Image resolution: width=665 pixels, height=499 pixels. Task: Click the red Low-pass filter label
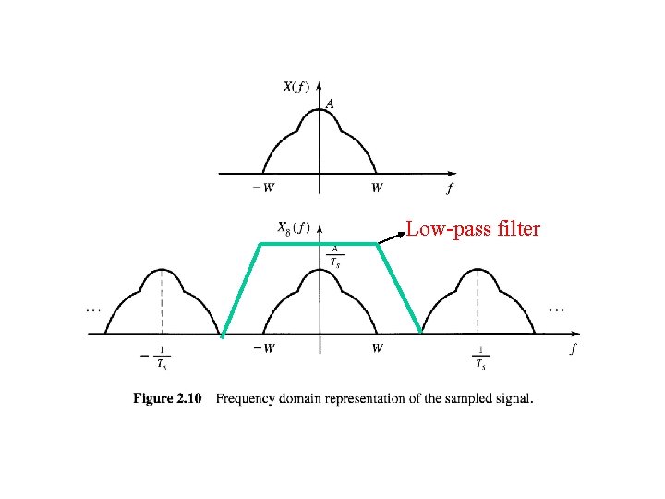click(x=473, y=227)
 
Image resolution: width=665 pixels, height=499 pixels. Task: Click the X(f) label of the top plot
click(x=296, y=88)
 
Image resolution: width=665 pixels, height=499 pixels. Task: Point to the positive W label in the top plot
click(x=377, y=189)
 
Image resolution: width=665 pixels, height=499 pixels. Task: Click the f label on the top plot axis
click(x=449, y=189)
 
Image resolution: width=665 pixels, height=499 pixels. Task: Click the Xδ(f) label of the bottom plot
click(x=294, y=226)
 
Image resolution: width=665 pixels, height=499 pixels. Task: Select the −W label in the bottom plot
click(x=262, y=348)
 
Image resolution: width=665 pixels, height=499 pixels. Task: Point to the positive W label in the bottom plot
click(x=378, y=348)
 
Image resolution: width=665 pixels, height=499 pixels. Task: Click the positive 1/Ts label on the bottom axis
click(x=480, y=356)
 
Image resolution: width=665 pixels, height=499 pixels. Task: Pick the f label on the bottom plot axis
click(x=574, y=348)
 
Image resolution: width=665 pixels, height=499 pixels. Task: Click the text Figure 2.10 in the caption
click(x=167, y=399)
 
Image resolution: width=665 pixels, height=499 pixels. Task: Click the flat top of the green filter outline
click(x=319, y=244)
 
